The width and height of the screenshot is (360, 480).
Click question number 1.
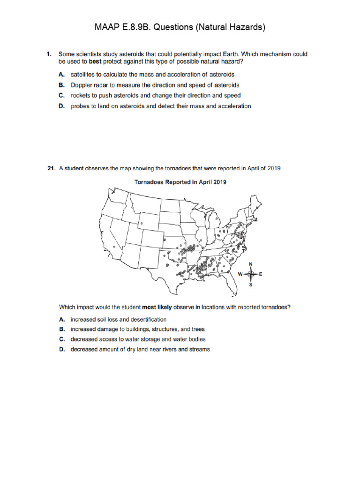click(x=48, y=54)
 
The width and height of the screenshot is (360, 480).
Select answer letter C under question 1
click(x=61, y=96)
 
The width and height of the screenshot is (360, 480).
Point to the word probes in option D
click(x=80, y=106)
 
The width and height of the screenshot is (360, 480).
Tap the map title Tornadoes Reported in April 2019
click(x=180, y=182)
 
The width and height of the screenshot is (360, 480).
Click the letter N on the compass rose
click(x=250, y=264)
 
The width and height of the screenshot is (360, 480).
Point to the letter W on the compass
click(x=240, y=275)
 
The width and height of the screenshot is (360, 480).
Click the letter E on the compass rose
click(x=261, y=275)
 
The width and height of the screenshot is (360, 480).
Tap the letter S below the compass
click(x=250, y=285)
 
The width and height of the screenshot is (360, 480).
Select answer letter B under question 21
click(x=61, y=329)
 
